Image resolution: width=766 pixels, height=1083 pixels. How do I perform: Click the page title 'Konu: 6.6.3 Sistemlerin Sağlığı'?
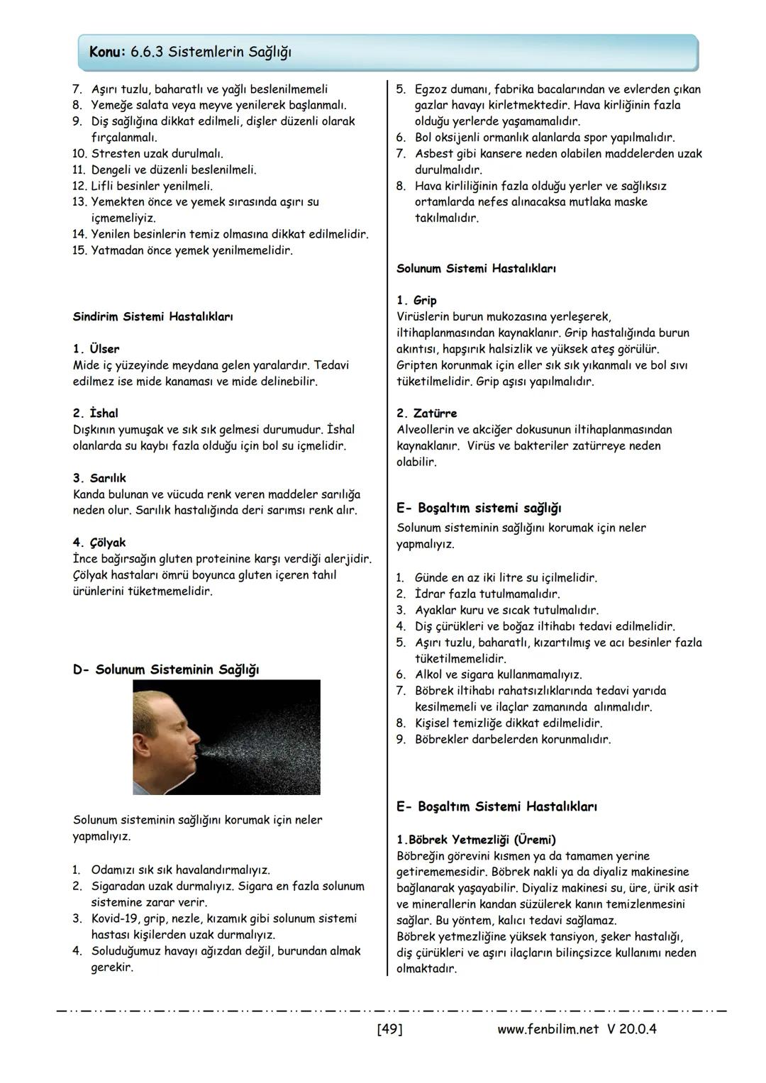pos(190,52)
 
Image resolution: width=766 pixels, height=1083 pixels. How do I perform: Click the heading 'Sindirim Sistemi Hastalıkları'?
pos(152,317)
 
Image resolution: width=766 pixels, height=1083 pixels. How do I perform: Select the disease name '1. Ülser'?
pos(96,349)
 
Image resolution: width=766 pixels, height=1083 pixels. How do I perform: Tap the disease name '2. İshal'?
pos(95,413)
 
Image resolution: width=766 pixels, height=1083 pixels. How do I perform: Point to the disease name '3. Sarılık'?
pos(99,478)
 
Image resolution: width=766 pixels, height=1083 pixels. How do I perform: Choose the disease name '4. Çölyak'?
pos(99,543)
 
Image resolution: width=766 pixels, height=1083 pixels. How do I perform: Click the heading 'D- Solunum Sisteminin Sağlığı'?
pos(166,670)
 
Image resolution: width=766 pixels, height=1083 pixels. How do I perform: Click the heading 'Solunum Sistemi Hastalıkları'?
pos(476,269)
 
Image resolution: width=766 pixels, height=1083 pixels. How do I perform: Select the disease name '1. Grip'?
pos(416,301)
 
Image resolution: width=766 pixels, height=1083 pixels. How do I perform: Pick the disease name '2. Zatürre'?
pos(426,413)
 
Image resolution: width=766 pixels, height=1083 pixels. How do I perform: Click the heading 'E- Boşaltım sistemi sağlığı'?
pos(479,508)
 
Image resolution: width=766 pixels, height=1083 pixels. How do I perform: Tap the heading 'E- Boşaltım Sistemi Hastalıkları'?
pos(496,806)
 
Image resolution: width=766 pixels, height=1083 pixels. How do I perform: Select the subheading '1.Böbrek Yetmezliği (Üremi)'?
pos(476,840)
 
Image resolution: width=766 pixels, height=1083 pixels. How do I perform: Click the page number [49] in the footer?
pos(389,1028)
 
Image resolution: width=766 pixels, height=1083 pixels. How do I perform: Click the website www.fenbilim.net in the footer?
pos(549,1028)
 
